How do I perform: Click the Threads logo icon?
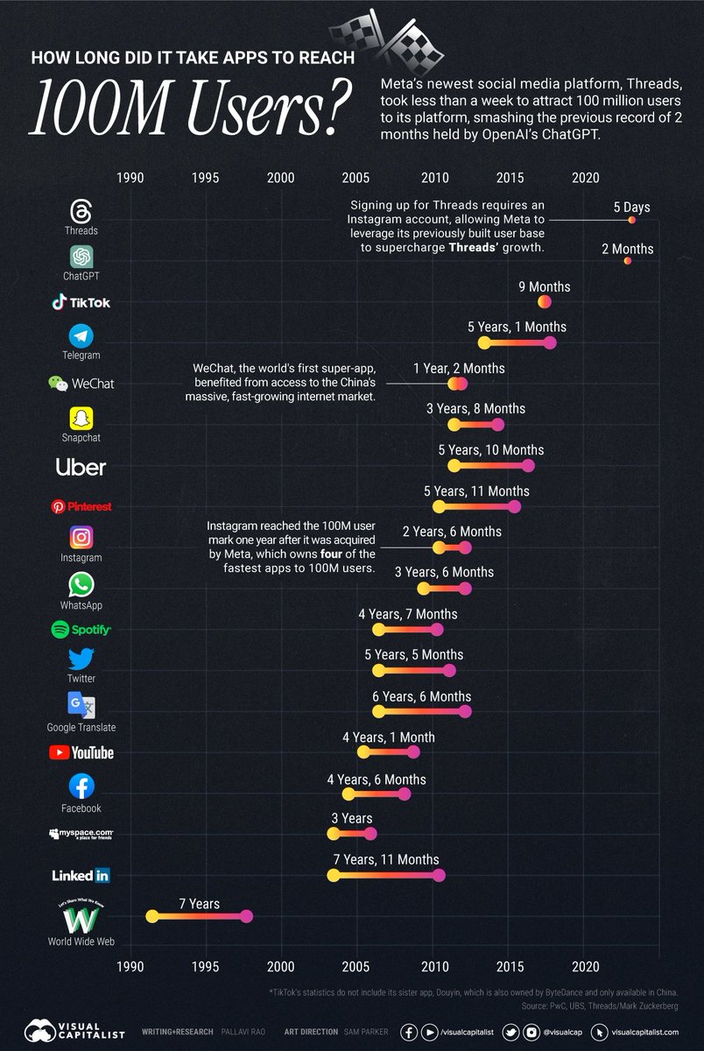pos(81,211)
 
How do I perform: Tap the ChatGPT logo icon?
pos(81,257)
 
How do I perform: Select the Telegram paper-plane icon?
pos(81,335)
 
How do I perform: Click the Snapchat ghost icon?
pos(81,418)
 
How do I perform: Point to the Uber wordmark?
pos(81,468)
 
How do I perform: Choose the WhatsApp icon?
pos(81,585)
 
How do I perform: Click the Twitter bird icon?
pos(81,659)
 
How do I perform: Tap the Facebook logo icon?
pos(81,786)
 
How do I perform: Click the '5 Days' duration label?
pos(631,208)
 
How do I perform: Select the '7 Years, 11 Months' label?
pos(385,859)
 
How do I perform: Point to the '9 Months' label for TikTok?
pos(544,286)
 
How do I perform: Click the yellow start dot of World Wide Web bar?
pos(151,916)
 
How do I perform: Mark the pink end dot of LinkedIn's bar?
pos(439,875)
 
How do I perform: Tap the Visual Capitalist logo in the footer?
pos(74,1031)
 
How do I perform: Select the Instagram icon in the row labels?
pos(81,537)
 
